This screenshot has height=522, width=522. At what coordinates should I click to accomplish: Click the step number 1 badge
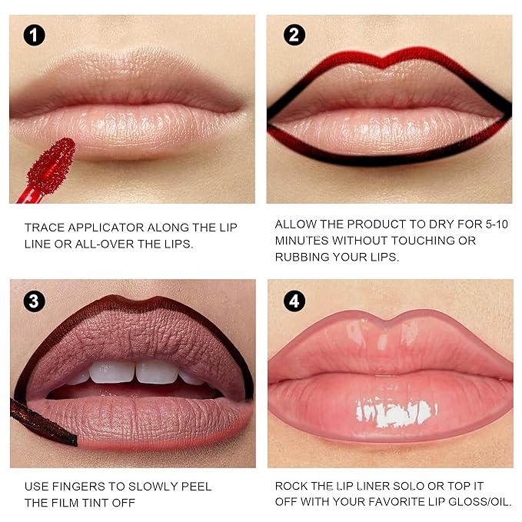[x=35, y=35]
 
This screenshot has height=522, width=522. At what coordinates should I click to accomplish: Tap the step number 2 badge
[x=294, y=35]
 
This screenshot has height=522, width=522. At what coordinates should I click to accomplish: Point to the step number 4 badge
[x=294, y=301]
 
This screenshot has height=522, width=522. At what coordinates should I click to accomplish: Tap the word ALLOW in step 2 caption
[x=296, y=224]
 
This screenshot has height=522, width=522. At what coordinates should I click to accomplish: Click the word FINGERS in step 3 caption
[x=81, y=487]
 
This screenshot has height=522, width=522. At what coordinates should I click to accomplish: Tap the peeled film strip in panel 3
[x=42, y=424]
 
